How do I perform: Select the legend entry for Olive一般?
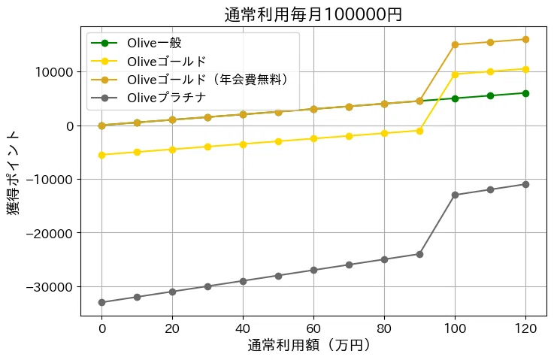tap(154, 43)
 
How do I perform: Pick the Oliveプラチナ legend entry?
tap(166, 97)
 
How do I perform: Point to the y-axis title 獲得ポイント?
tap(14, 173)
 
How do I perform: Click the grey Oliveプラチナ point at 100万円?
tap(455, 195)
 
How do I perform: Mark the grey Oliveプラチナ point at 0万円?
tap(101, 302)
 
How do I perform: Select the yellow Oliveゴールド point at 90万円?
tap(419, 131)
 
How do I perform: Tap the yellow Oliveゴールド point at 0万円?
tap(101, 155)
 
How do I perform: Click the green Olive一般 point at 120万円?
tap(525, 93)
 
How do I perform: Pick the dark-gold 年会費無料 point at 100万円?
tap(455, 44)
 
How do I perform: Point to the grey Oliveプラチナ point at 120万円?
tap(525, 184)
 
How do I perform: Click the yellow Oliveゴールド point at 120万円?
tap(525, 69)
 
